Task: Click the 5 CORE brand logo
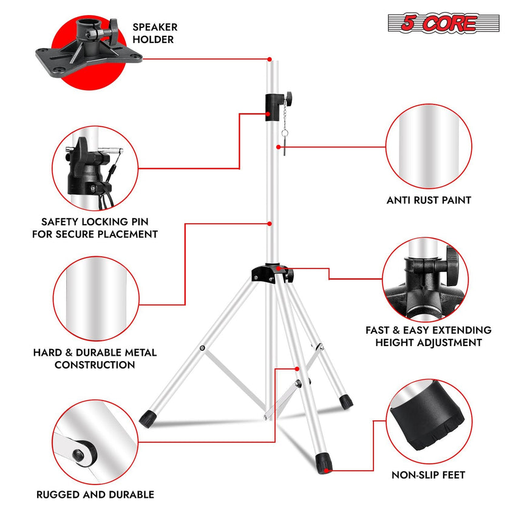point(443,23)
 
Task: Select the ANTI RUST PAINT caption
point(429,200)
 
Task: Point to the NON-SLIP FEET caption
point(429,475)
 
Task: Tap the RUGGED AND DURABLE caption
point(96,494)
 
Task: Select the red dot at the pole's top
point(269,59)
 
